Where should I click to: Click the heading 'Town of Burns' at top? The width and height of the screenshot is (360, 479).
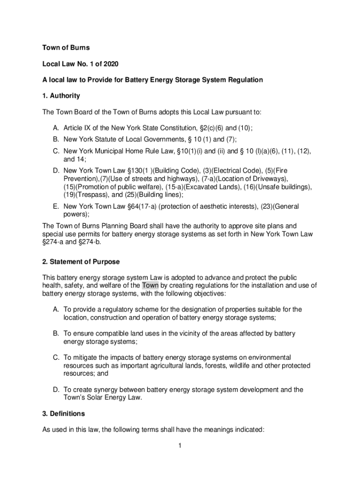pyautogui.click(x=66, y=48)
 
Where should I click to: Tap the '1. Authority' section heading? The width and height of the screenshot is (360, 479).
pyautogui.click(x=61, y=96)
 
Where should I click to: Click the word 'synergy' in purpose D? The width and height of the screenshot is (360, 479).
pyautogui.click(x=108, y=390)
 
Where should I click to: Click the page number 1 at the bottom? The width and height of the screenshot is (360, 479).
pyautogui.click(x=180, y=446)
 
